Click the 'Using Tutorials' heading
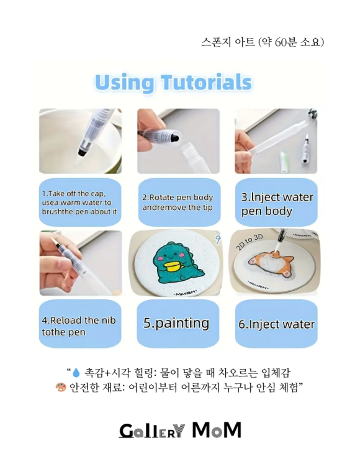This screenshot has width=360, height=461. click(x=173, y=83)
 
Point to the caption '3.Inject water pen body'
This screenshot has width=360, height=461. click(x=277, y=204)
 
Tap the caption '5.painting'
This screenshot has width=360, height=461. click(x=176, y=324)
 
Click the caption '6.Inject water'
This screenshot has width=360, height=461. click(x=277, y=324)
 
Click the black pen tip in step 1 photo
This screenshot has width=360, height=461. click(x=81, y=150)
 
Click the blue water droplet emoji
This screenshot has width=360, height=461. click(x=76, y=373)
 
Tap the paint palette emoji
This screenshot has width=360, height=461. click(x=60, y=388)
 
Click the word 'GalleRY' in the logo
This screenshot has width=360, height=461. click(x=151, y=430)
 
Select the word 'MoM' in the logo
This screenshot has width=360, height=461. click(x=216, y=429)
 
